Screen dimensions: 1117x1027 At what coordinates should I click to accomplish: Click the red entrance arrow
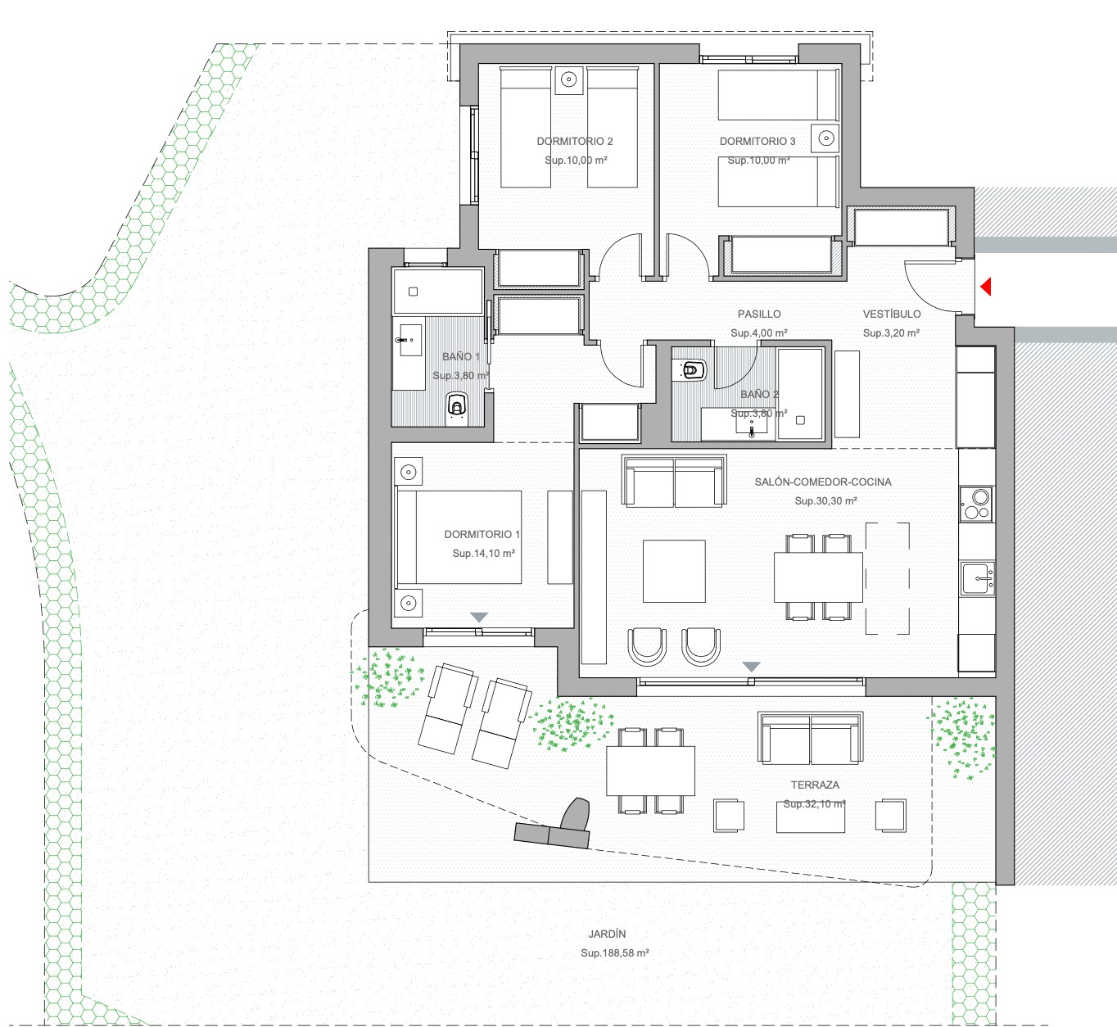[x=986, y=287]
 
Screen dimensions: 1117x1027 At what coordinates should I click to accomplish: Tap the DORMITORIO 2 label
[x=575, y=142]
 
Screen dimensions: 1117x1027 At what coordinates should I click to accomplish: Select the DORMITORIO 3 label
[x=757, y=142]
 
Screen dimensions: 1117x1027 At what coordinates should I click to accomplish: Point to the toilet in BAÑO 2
[x=690, y=369]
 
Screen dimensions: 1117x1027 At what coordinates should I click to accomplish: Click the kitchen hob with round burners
[x=976, y=504]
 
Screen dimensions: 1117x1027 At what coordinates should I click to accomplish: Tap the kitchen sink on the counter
[x=977, y=578]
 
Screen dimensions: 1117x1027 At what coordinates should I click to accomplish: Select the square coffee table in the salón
[x=674, y=571]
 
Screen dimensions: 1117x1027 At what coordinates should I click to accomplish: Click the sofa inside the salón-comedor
[x=674, y=482]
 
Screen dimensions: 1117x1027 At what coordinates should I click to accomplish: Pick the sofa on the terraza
[x=810, y=737]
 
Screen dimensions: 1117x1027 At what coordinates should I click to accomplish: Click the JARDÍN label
[x=607, y=934]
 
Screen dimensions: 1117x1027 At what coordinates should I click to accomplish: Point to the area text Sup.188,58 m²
[x=615, y=953]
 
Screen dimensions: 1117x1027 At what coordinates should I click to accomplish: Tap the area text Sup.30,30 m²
[x=825, y=500]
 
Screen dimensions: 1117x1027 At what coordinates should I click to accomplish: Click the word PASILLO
[x=759, y=314]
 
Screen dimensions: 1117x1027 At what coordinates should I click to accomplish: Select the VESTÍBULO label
[x=892, y=314]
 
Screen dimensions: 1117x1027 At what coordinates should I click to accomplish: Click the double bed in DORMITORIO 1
[x=459, y=537]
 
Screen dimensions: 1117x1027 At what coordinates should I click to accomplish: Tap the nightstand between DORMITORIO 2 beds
[x=568, y=80]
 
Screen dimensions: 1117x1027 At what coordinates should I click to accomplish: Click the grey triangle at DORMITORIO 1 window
[x=479, y=617]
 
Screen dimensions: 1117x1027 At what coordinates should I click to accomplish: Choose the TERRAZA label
[x=815, y=785]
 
